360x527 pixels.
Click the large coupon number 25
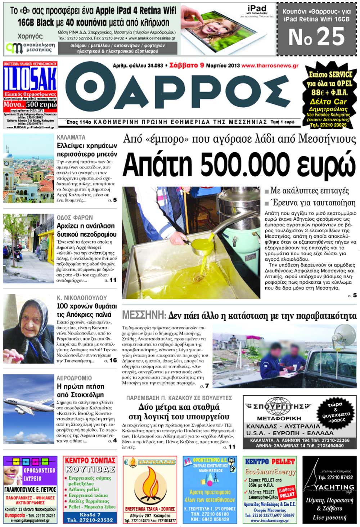point(317,37)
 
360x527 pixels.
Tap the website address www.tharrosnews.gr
point(270,66)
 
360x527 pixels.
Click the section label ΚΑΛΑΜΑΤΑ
point(71,137)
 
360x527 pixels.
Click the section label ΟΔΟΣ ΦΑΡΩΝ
point(75,217)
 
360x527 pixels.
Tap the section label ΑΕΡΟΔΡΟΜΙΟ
point(74,378)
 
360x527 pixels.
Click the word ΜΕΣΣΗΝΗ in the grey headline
point(144,316)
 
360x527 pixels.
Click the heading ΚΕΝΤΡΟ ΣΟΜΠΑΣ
point(90,460)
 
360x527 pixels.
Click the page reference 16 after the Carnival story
point(113,360)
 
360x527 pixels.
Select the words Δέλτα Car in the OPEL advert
point(328,102)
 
